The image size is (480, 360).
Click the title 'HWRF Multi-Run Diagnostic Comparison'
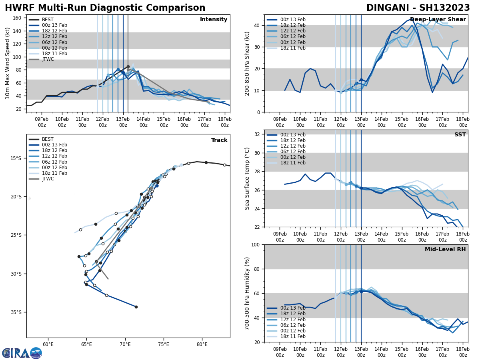click(105, 8)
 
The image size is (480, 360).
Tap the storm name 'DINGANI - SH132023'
click(418, 8)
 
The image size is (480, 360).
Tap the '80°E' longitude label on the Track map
click(202, 344)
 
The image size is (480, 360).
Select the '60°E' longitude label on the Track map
click(48, 344)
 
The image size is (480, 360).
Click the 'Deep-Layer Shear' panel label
click(438, 20)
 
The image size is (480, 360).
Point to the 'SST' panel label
click(460, 135)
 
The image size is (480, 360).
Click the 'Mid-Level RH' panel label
click(445, 250)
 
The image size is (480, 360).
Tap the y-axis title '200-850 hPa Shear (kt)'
click(248, 63)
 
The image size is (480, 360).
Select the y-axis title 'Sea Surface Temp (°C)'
click(248, 178)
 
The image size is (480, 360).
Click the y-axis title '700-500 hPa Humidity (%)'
click(248, 293)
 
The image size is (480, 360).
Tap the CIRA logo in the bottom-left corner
click(22, 353)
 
